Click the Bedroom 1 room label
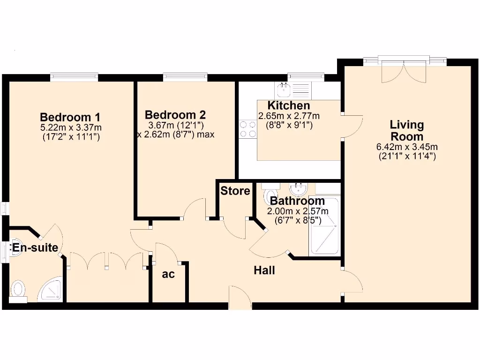[70, 117]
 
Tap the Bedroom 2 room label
[175, 115]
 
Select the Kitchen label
[289, 106]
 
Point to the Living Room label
[407, 131]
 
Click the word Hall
[264, 270]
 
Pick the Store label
[235, 191]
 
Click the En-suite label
[35, 247]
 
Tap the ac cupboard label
[168, 274]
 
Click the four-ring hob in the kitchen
[248, 129]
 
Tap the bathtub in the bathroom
[323, 226]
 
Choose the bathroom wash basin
[297, 189]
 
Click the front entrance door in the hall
[240, 297]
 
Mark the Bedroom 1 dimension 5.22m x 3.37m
[71, 127]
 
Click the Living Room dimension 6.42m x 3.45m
[407, 147]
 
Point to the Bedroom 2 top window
[185, 77]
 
